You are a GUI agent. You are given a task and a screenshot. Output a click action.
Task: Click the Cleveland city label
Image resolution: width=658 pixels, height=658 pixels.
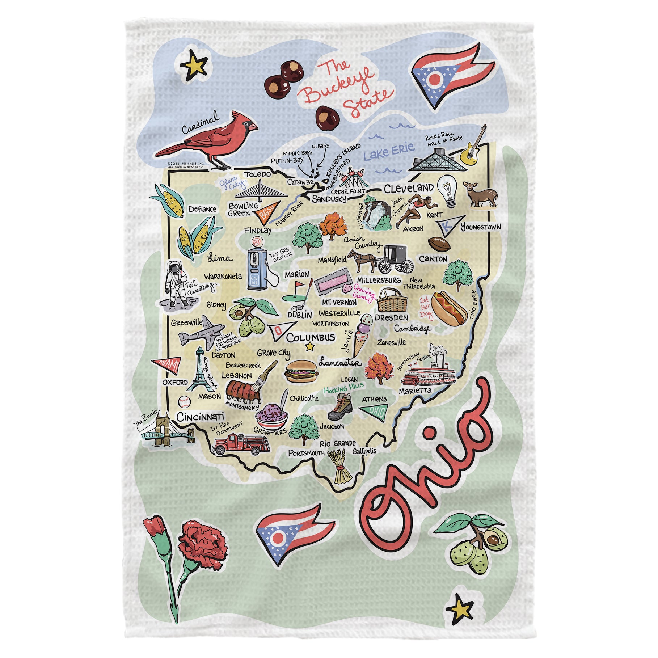408,189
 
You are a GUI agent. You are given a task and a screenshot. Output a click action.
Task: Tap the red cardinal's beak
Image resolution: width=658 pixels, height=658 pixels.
253,127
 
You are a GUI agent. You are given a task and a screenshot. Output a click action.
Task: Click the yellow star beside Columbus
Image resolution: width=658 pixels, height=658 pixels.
310,347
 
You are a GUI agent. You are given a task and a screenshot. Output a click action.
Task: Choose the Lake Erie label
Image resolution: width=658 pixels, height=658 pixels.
389,151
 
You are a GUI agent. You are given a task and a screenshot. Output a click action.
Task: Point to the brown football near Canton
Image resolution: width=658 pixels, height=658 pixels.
439,244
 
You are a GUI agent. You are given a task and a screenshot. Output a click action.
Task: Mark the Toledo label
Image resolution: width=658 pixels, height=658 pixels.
257,174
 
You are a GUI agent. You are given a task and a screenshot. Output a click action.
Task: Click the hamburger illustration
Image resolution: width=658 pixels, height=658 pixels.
301,371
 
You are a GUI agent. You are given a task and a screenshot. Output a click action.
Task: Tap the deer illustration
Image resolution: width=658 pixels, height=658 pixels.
480,194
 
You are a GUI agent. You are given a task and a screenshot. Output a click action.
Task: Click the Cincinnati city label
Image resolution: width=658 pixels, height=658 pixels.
200,417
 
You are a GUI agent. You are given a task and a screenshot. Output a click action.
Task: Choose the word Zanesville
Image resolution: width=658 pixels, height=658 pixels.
391,342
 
